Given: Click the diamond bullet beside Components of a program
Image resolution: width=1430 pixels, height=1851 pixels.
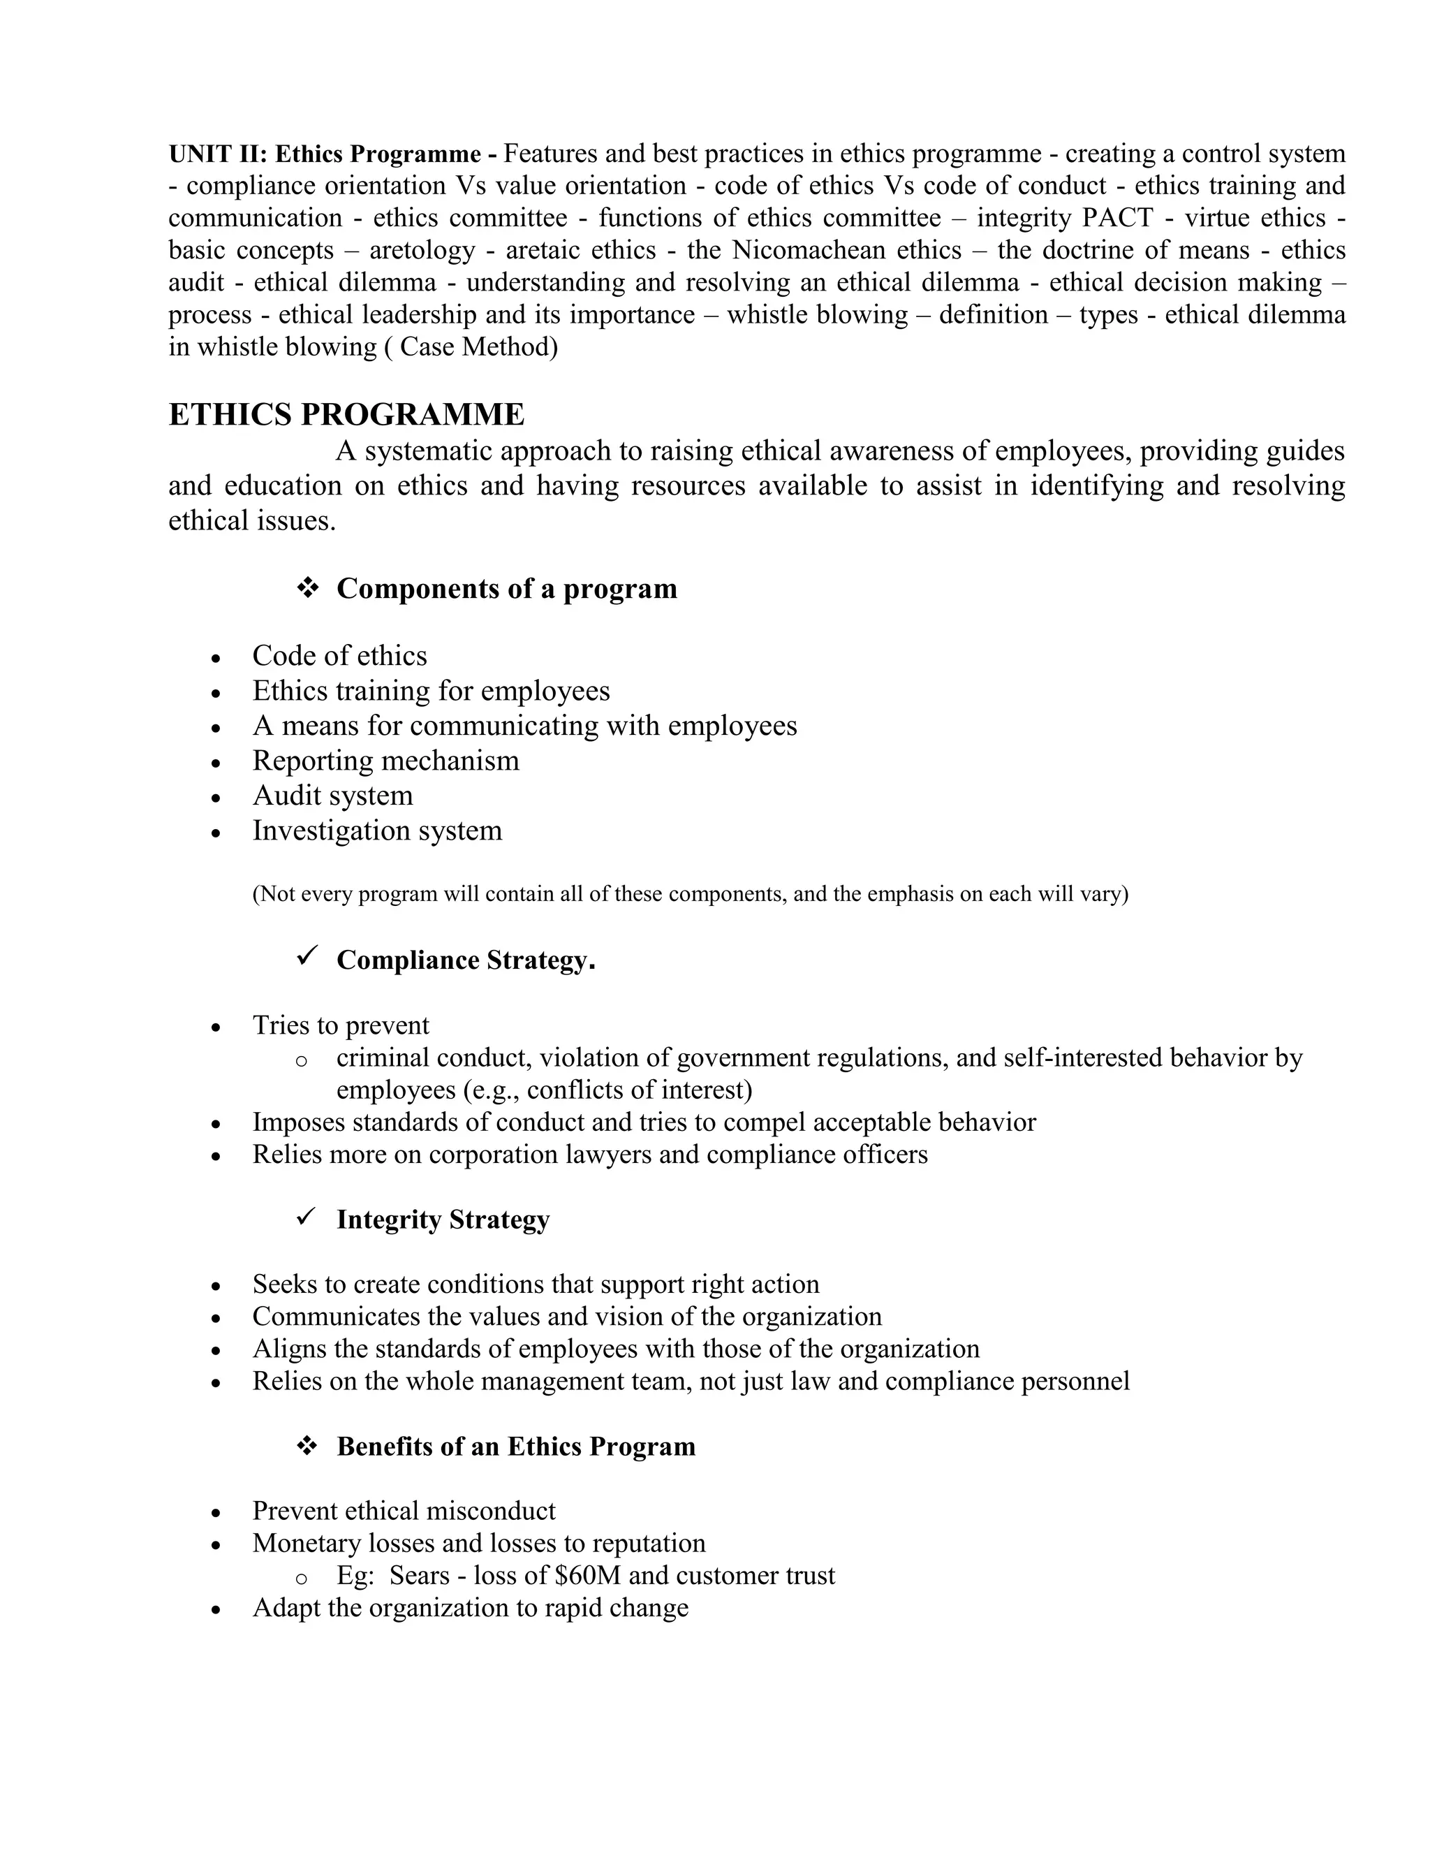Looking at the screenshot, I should pyautogui.click(x=307, y=587).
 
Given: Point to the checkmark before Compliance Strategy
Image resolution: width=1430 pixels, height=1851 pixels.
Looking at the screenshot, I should pyautogui.click(x=307, y=957).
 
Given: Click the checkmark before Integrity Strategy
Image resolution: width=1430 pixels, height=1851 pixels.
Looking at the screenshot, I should pyautogui.click(x=307, y=1216).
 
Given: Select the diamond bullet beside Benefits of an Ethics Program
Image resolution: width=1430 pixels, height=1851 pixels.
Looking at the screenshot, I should pyautogui.click(x=307, y=1445).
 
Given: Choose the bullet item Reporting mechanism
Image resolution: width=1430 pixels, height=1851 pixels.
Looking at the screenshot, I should pyautogui.click(x=385, y=760).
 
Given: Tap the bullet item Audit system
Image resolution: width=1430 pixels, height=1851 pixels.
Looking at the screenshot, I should pyautogui.click(x=332, y=795).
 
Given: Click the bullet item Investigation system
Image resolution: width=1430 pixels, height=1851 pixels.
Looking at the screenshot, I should pyautogui.click(x=377, y=830).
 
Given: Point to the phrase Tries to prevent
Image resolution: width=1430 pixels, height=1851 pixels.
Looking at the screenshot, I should pyautogui.click(x=341, y=1025).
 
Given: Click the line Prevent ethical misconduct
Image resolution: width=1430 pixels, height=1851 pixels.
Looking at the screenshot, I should pyautogui.click(x=404, y=1510).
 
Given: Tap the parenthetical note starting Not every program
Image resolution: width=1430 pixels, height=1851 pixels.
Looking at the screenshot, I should pyautogui.click(x=690, y=893).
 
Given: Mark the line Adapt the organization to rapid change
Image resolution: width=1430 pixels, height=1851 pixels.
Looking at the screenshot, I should pyautogui.click(x=470, y=1607).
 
